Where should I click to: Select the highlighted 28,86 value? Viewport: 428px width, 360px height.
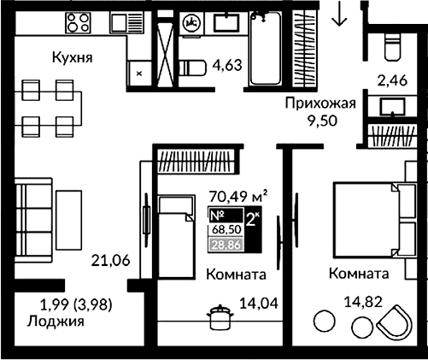pos(226,244)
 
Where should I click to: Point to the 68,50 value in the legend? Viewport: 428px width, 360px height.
pos(226,228)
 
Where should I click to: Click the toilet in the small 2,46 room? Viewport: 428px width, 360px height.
pos(393,46)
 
